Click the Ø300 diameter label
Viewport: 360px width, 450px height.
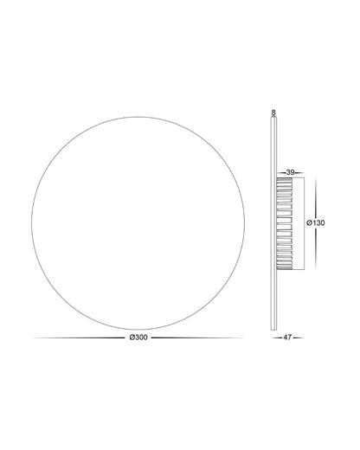(x=138, y=337)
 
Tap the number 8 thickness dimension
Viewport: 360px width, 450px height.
(x=273, y=112)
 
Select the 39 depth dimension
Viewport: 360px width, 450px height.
(x=290, y=172)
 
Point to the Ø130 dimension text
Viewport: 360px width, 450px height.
(x=316, y=222)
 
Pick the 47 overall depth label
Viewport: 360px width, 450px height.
(x=287, y=337)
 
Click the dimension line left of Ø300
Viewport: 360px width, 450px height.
(x=79, y=337)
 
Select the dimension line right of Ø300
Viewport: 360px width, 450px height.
(x=197, y=337)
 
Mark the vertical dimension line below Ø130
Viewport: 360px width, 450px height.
(x=316, y=248)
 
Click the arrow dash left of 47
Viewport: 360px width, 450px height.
(x=276, y=337)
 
